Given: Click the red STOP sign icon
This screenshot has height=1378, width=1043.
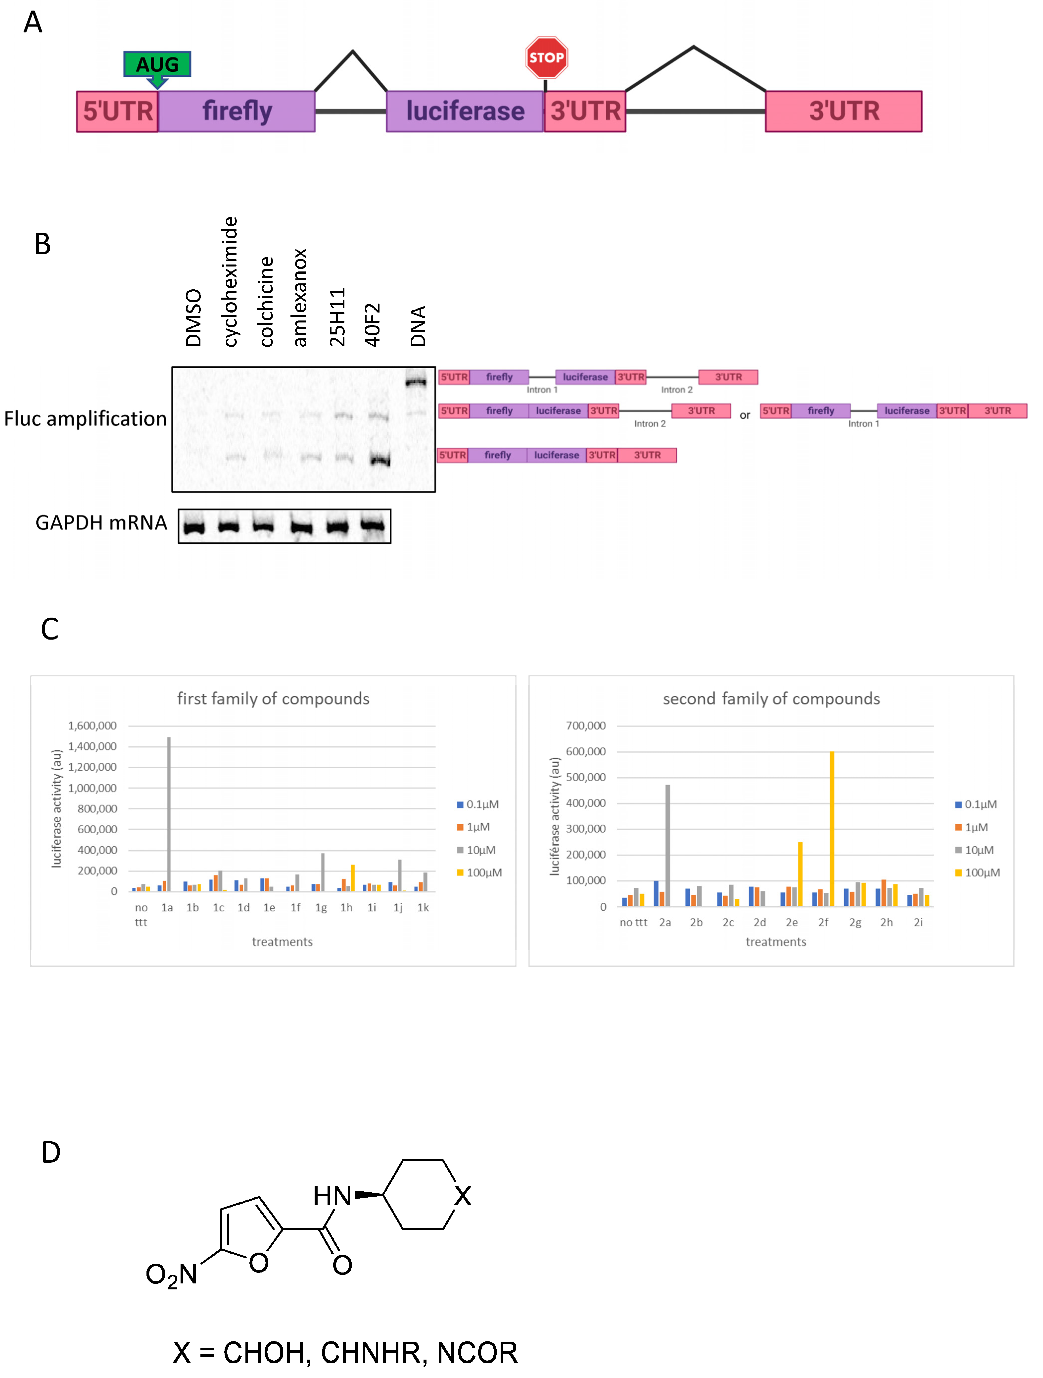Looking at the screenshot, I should [546, 57].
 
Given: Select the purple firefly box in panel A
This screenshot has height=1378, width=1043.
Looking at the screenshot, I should [237, 111].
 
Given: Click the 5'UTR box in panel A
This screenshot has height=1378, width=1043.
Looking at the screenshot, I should [117, 111].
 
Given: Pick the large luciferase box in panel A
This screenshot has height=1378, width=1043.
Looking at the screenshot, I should [465, 111].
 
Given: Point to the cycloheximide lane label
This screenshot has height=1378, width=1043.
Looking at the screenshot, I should [230, 282].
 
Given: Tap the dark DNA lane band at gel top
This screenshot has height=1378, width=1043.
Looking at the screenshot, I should [416, 381].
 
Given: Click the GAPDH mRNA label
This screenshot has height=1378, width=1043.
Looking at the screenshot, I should [101, 523].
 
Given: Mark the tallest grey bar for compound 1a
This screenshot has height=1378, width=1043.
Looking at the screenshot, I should [169, 814].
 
